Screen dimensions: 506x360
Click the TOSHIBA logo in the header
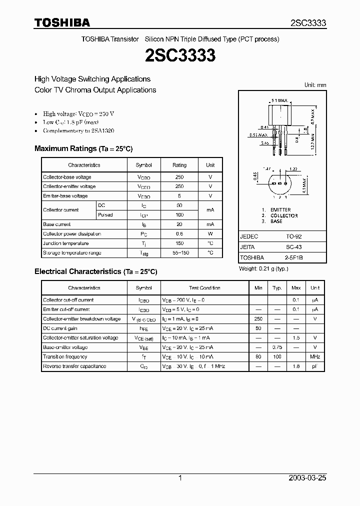(x=62, y=22)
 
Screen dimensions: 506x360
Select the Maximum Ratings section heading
(x=83, y=148)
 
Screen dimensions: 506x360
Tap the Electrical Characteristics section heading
(x=95, y=271)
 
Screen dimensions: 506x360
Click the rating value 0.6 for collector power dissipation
(x=179, y=234)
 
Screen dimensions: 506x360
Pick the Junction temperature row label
(x=66, y=243)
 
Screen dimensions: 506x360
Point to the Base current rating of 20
(x=179, y=224)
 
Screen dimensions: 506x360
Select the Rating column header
(x=179, y=165)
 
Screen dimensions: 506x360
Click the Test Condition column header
(x=204, y=288)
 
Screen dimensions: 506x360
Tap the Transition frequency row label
(x=65, y=357)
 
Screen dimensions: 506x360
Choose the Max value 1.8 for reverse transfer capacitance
(x=296, y=366)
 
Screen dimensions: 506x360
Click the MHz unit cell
(x=315, y=357)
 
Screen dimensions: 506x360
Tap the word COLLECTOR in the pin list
(x=284, y=216)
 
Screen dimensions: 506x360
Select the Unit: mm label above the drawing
(x=315, y=85)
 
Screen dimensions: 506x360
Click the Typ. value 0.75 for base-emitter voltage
(x=277, y=347)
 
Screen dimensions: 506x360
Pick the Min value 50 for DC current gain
(x=258, y=328)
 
